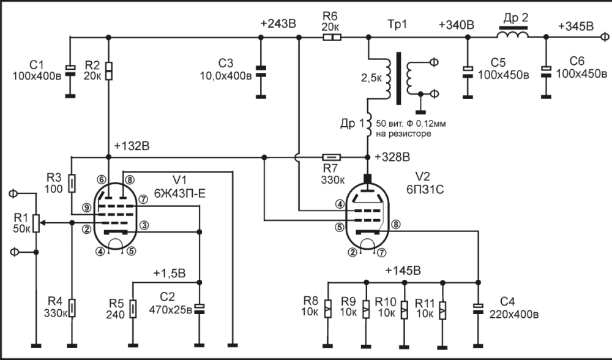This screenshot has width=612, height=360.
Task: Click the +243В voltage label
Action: point(278,24)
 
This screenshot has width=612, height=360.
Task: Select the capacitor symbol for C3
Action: point(261,70)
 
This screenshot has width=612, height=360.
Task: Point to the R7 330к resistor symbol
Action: point(332,157)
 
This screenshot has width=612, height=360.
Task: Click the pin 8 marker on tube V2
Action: point(396,224)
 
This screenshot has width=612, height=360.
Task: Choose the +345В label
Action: point(576,26)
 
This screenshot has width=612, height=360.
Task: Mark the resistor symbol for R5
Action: point(133,309)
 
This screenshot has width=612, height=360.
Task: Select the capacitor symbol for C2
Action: point(199,309)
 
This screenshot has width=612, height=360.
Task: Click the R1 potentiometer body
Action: point(36,223)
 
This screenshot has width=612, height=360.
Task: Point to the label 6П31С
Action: point(425,189)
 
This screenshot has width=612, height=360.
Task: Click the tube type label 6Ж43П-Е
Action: point(180,193)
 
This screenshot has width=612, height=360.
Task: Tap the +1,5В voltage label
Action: point(170,273)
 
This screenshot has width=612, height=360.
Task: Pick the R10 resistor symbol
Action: point(405,310)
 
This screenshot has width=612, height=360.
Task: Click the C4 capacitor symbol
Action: point(478,309)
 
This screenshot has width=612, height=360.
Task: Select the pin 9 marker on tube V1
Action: point(87,208)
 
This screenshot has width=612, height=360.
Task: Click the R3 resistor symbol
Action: point(72,183)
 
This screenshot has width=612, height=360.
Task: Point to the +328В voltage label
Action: point(392,157)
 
